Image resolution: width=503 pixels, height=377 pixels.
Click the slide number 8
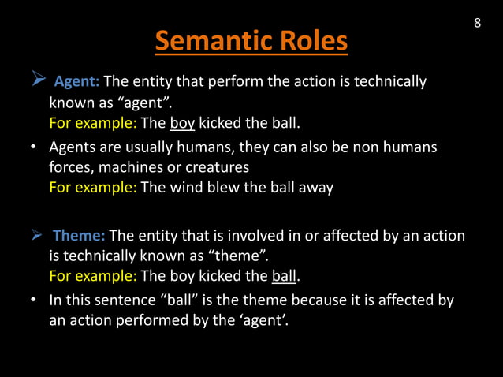(477, 23)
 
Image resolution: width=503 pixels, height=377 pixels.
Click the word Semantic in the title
(204, 41)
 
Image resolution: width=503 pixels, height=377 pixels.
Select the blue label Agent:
(76, 81)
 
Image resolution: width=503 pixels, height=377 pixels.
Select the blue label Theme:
(79, 236)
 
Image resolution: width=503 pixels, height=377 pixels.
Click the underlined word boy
(182, 123)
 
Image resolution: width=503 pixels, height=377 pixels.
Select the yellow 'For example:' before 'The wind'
(92, 188)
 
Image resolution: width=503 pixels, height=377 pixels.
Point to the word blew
(222, 188)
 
